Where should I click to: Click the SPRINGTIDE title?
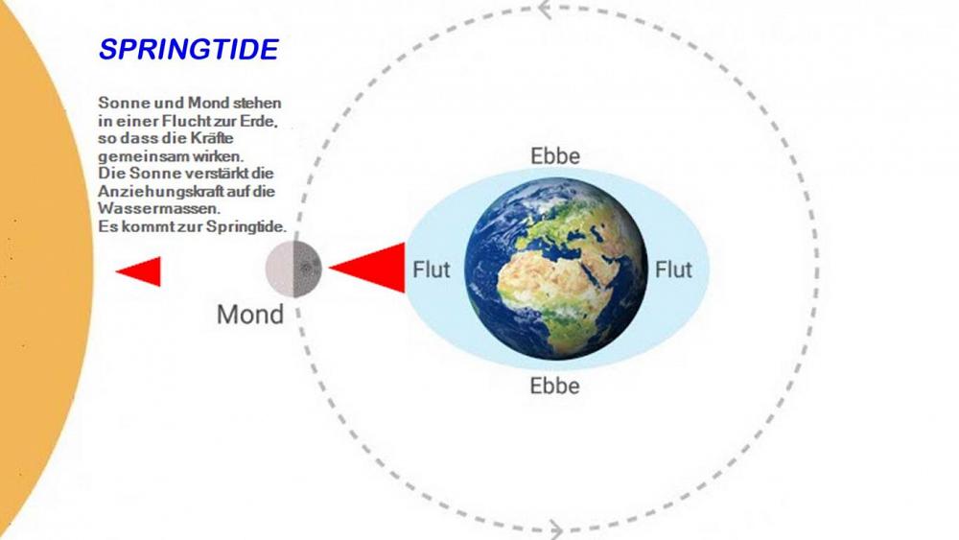coord(188,50)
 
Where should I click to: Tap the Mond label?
coord(250,315)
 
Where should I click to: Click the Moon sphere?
coord(293,269)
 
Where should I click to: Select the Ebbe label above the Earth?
coord(554,156)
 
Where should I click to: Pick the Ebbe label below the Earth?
coord(554,386)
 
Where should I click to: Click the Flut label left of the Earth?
coord(432,270)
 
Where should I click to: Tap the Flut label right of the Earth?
coord(673,270)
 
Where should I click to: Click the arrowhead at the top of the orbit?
coord(545,10)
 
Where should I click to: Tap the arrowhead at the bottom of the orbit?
coord(555,529)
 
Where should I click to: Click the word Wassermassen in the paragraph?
coord(159,208)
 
